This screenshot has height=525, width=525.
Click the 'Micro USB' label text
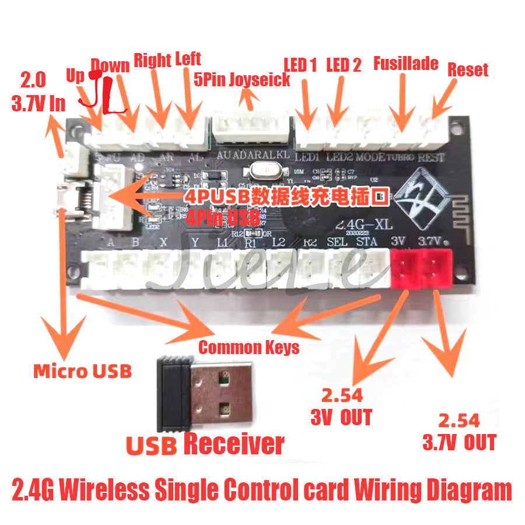click(x=82, y=371)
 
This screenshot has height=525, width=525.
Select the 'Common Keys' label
click(x=249, y=348)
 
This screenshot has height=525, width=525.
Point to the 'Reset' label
click(x=468, y=70)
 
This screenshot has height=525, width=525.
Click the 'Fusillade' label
click(x=405, y=63)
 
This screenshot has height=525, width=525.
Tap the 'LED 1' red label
click(x=300, y=65)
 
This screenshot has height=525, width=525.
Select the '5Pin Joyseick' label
click(x=242, y=80)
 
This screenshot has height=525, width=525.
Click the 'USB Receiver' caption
click(x=205, y=444)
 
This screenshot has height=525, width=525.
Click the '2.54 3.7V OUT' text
click(x=459, y=431)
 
